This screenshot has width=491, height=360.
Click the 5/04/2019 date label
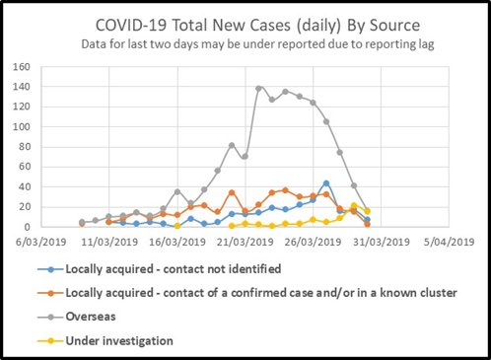pos(450,240)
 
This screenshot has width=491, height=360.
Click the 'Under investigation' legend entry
pos(119,339)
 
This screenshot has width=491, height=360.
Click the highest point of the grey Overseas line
pos(259,89)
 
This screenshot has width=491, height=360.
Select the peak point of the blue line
pos(326,183)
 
